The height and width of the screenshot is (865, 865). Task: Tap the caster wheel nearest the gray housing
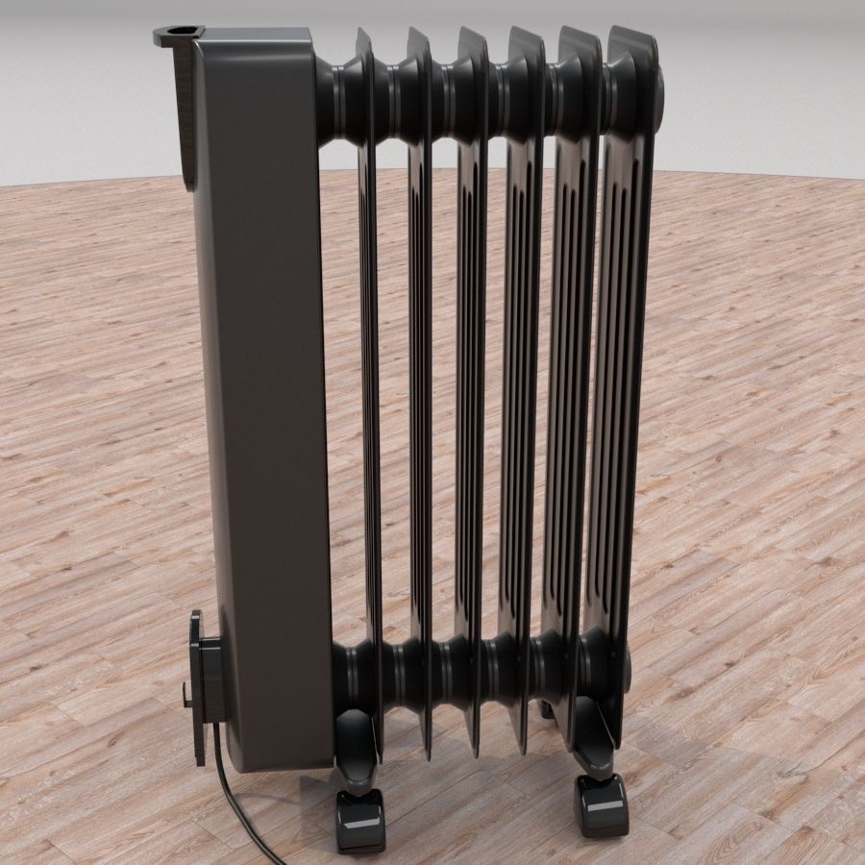[x=359, y=822]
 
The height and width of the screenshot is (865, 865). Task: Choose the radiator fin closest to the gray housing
[x=368, y=384]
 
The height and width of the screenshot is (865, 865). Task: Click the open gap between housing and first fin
[x=341, y=384]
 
